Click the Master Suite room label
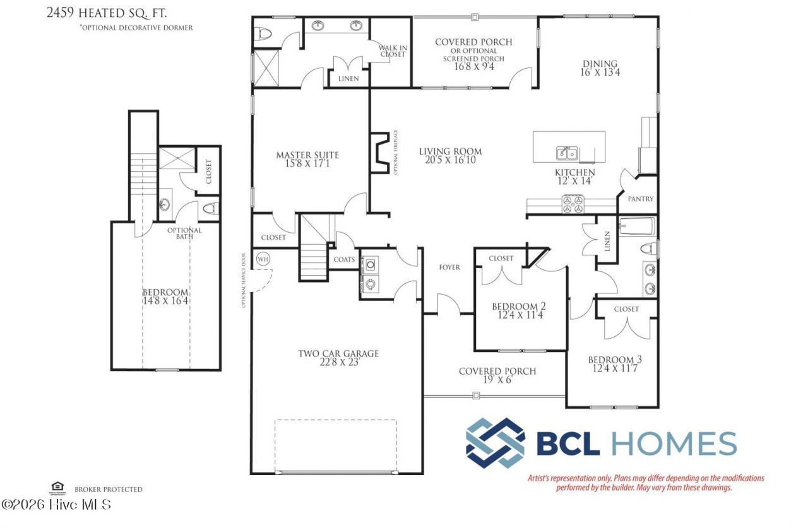[307, 155]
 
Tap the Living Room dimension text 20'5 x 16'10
[450, 160]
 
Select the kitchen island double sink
[566, 153]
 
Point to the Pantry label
[640, 199]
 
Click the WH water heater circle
[263, 259]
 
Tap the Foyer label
[449, 267]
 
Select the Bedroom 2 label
[518, 307]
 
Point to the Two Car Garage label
[338, 354]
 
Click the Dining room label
[599, 64]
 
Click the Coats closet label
[344, 259]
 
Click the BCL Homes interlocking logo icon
[495, 443]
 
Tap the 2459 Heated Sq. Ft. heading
[107, 13]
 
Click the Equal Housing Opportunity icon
[57, 487]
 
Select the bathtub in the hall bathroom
[638, 226]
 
